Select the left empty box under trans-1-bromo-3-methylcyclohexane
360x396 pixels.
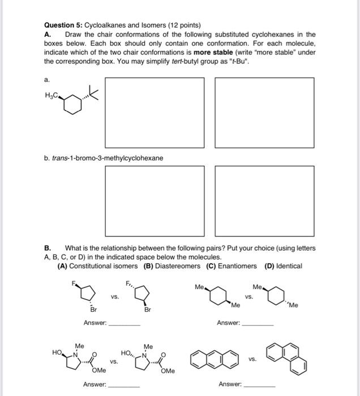point(160,201)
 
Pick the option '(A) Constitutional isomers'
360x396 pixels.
point(97,266)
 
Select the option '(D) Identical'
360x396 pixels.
point(283,266)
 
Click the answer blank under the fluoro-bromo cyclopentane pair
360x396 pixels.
point(124,325)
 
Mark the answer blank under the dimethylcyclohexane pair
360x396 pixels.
point(258,325)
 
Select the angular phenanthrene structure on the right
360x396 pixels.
point(286,358)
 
